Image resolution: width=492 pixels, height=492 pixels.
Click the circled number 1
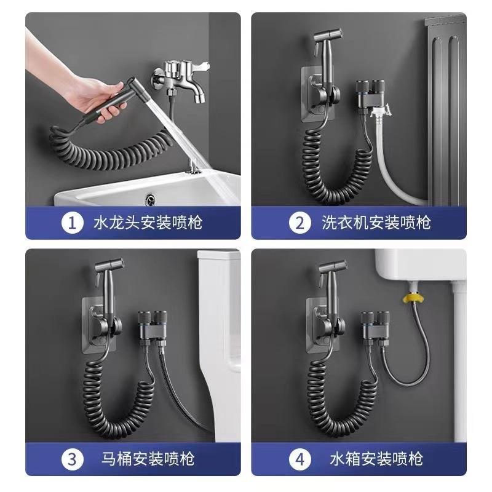tap(73, 223)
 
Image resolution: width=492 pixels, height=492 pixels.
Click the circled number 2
tap(300, 223)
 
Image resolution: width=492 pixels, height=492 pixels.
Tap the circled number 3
tap(73, 459)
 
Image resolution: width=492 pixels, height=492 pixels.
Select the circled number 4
tap(300, 459)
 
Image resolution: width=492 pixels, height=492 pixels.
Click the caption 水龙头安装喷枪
tap(148, 223)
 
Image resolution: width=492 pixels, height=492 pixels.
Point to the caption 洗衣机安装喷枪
tap(376, 223)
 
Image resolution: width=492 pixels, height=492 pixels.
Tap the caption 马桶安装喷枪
tap(148, 459)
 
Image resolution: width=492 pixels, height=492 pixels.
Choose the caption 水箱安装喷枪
tap(376, 459)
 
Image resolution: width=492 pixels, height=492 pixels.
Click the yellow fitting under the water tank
tap(412, 297)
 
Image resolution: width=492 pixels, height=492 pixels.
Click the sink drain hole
tap(149, 199)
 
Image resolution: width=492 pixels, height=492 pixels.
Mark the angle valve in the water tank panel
tap(375, 327)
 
